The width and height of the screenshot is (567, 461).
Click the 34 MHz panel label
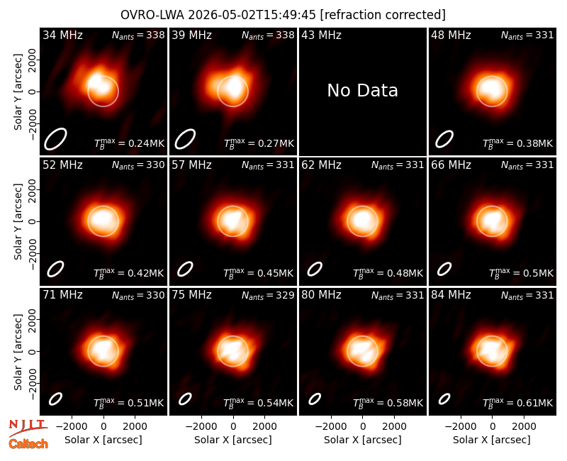[x=62, y=35]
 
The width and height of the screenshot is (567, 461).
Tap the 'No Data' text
[x=362, y=91]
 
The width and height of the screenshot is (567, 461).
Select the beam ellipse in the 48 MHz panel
[x=444, y=139]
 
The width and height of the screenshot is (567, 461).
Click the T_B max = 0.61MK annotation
[x=518, y=403]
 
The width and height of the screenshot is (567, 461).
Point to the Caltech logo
[x=28, y=444]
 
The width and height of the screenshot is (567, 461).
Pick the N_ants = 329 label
[x=268, y=296]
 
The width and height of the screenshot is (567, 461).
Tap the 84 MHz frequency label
[x=451, y=295]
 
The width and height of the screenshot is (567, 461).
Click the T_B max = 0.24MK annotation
[x=130, y=143]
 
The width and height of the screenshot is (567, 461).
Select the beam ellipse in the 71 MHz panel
[x=56, y=399]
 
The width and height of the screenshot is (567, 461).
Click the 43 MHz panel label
[x=322, y=35]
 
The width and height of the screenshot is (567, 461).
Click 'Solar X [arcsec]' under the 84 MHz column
[x=492, y=440]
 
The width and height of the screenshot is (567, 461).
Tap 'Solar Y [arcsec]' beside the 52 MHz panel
[x=18, y=221]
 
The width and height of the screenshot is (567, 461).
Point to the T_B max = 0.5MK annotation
[x=521, y=273]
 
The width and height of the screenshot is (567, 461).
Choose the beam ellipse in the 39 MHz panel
[x=185, y=139]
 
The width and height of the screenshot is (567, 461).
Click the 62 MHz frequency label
[x=322, y=165]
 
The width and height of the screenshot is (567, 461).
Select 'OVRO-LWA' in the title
[x=152, y=15]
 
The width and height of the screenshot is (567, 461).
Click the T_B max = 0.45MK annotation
[x=258, y=273]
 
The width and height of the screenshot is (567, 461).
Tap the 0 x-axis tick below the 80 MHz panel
[x=363, y=427]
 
